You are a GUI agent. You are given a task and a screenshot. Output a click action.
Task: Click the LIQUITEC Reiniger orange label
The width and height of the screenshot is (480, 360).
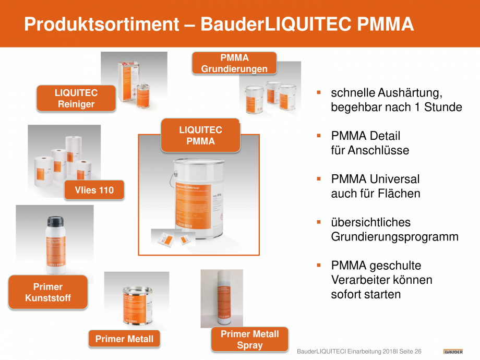[x=76, y=99]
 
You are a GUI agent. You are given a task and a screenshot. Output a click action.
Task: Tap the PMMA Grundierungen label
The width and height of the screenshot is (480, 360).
[x=234, y=63]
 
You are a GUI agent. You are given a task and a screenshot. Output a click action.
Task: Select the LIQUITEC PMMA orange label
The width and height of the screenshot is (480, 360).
[x=200, y=135]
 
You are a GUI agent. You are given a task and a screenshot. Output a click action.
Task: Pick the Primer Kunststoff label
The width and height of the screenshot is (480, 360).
[x=48, y=292]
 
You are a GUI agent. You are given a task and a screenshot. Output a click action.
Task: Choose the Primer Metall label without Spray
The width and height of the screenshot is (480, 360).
[x=124, y=339]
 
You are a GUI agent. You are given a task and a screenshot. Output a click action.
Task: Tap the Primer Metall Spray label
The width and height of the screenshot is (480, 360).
[x=250, y=340]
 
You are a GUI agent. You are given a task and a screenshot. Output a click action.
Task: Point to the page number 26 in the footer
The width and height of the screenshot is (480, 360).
[x=418, y=352]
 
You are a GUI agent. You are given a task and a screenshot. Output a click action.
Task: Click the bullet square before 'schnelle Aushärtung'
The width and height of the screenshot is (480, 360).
[x=318, y=93]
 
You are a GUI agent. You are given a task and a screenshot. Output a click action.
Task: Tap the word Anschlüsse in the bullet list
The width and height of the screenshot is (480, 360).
[x=370, y=150]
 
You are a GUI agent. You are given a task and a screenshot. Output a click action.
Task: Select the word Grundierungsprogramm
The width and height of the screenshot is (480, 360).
[x=394, y=237]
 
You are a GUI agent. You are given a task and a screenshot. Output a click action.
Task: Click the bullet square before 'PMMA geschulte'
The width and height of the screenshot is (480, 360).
[x=318, y=265]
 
